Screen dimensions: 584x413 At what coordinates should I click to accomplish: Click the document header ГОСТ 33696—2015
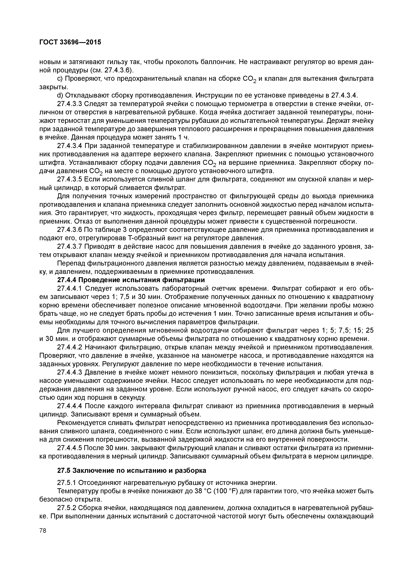[70, 42]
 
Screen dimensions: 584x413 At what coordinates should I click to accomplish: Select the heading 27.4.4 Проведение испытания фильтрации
[131, 280]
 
